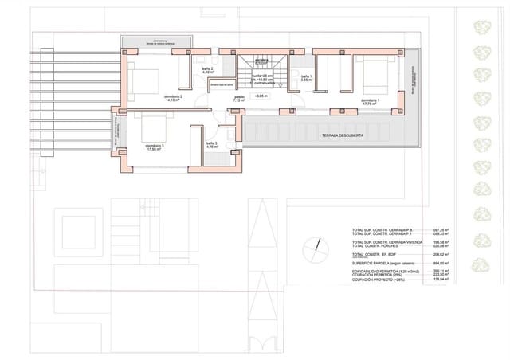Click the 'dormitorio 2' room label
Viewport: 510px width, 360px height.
click(174, 98)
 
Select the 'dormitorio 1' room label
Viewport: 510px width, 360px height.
click(371, 101)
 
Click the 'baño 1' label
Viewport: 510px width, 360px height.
click(306, 76)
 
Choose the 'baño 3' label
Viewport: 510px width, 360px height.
click(211, 144)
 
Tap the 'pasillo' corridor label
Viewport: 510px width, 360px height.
click(239, 98)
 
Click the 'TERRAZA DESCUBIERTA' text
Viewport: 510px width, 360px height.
click(343, 136)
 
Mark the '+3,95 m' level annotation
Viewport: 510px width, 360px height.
click(261, 95)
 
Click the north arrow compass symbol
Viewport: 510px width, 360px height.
click(318, 245)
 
